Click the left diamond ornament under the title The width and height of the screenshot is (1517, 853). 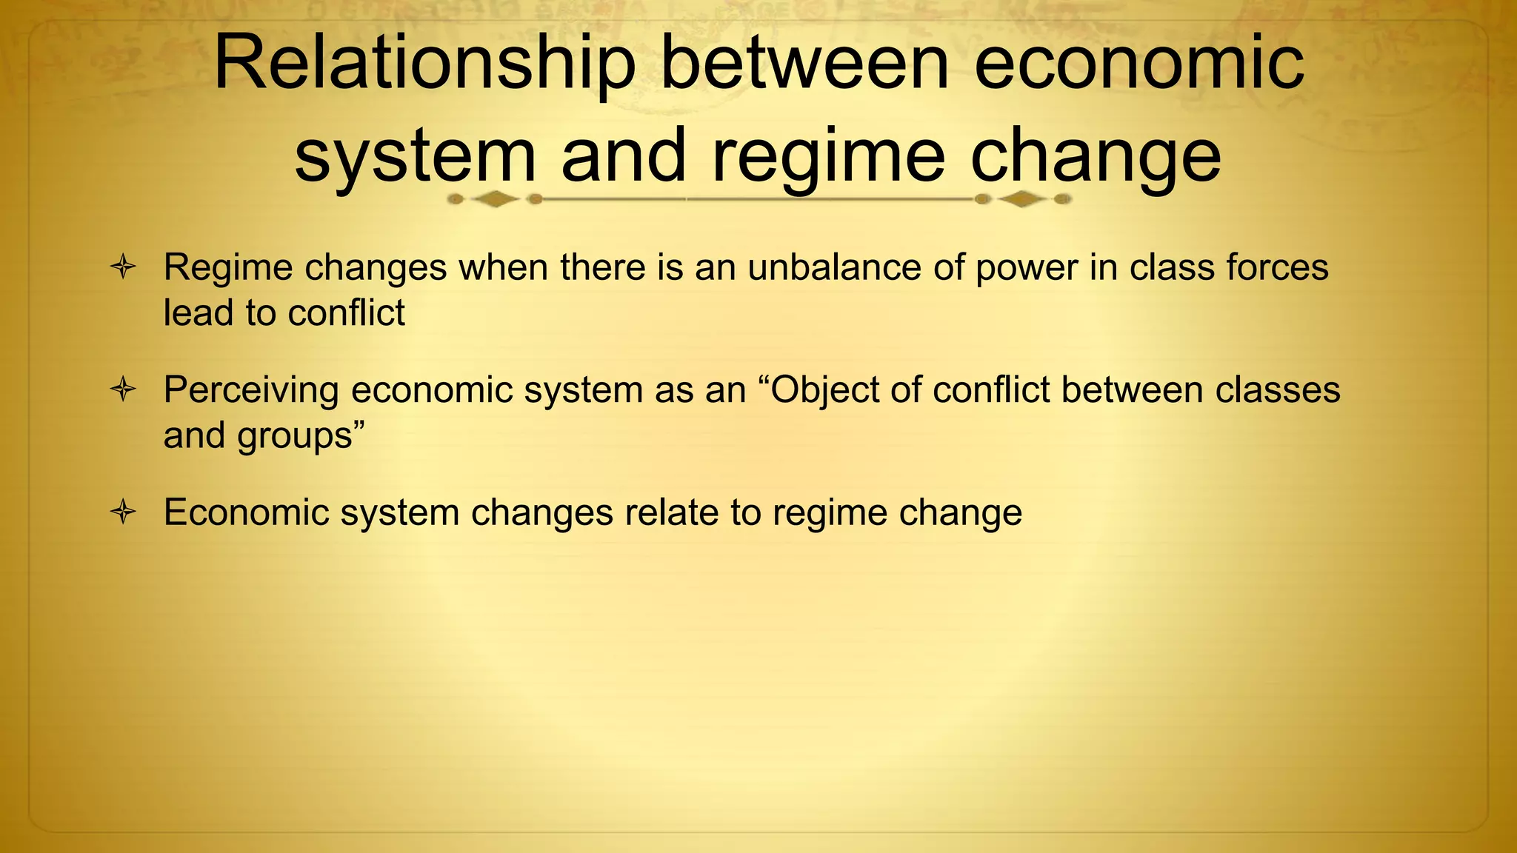pyautogui.click(x=495, y=199)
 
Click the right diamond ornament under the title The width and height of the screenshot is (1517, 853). pyautogui.click(x=1022, y=199)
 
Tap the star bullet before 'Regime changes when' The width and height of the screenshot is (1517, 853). pyautogui.click(x=123, y=267)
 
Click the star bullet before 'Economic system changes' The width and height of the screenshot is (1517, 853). pyautogui.click(x=123, y=512)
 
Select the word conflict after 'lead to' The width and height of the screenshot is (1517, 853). pyautogui.click(x=346, y=312)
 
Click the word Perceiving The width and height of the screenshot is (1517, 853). pyautogui.click(x=250, y=390)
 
